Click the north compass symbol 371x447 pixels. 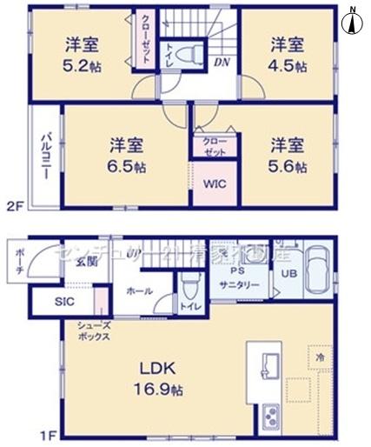pos(354,19)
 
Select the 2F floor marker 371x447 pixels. pos(14,205)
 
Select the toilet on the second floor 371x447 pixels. pos(185,54)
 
